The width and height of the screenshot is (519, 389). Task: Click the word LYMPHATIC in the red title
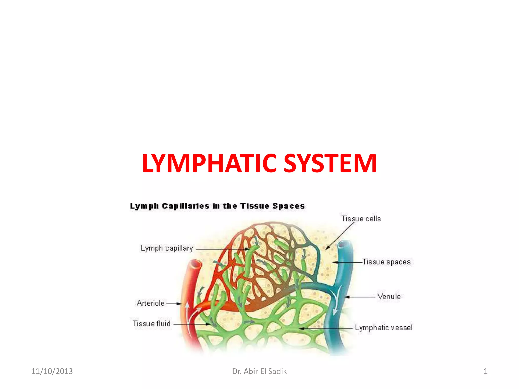[x=209, y=163]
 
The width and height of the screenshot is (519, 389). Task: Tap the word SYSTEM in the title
[x=330, y=163]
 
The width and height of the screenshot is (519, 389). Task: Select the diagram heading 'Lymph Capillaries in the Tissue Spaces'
[x=217, y=206]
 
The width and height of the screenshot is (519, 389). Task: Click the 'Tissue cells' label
[x=361, y=219]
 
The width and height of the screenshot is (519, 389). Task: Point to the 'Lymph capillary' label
[x=167, y=248]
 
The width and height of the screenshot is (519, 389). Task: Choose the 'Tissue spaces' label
[x=386, y=262]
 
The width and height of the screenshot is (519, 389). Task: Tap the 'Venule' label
[x=389, y=296]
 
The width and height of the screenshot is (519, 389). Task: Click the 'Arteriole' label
[x=151, y=303]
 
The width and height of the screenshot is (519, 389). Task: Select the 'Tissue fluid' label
[x=151, y=324]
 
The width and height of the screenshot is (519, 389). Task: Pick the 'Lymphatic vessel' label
[x=383, y=328]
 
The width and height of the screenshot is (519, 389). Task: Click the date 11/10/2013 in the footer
[x=52, y=371]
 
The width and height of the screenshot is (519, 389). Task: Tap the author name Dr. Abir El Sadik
[x=259, y=371]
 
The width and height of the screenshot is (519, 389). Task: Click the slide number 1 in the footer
[x=485, y=371]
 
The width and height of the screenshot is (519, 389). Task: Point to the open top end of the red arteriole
[x=195, y=264]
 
